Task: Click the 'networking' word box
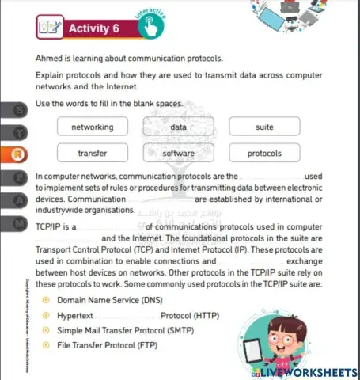[x=92, y=127]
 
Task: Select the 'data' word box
[x=178, y=127]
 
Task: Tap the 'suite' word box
[x=265, y=127]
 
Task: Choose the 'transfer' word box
[x=92, y=153]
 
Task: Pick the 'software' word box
[x=178, y=153]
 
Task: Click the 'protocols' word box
[x=265, y=153]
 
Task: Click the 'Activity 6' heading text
[x=94, y=28]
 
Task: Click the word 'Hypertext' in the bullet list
[x=77, y=315]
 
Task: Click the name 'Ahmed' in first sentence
[x=50, y=59]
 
